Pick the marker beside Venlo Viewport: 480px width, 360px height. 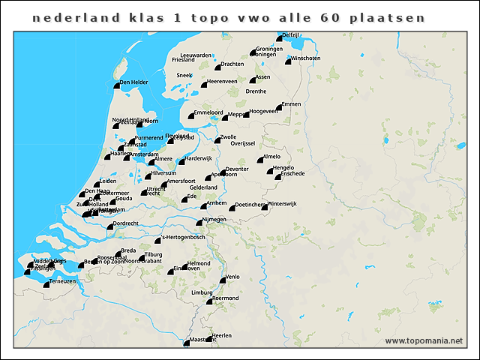(222, 280)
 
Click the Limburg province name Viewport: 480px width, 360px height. (202, 292)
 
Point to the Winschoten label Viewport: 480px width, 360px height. (306, 58)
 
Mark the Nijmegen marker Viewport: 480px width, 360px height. (197, 223)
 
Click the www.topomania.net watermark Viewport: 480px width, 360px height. (424, 341)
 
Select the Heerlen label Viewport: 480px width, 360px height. (223, 334)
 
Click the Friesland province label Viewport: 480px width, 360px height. (183, 59)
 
